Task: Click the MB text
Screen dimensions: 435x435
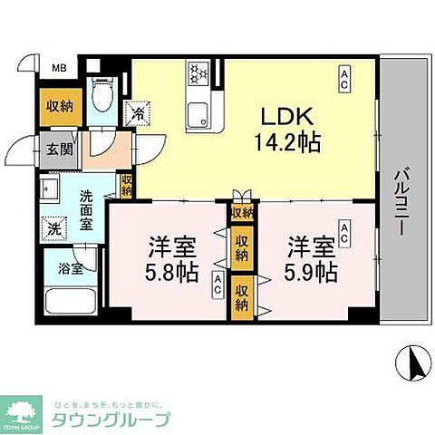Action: pos(58,68)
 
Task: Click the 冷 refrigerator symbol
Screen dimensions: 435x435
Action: pos(139,115)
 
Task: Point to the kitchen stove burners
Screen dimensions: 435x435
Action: pos(198,72)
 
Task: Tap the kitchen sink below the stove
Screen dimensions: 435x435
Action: pos(198,113)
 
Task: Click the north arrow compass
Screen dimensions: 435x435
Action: pos(413,364)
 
